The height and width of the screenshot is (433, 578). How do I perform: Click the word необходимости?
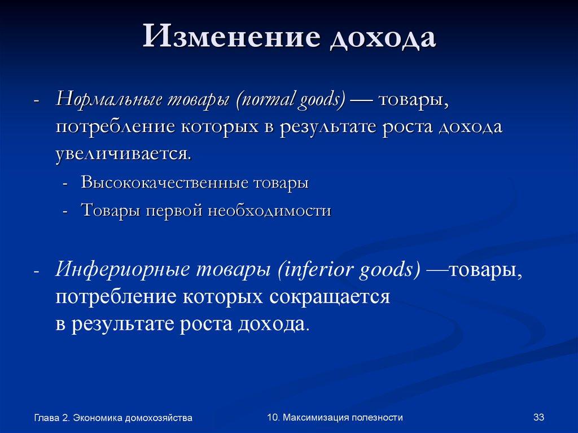point(269,211)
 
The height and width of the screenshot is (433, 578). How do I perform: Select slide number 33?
point(538,417)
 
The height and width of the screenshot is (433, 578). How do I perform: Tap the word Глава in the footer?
point(46,418)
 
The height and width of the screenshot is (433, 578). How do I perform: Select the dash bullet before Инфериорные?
point(36,273)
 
